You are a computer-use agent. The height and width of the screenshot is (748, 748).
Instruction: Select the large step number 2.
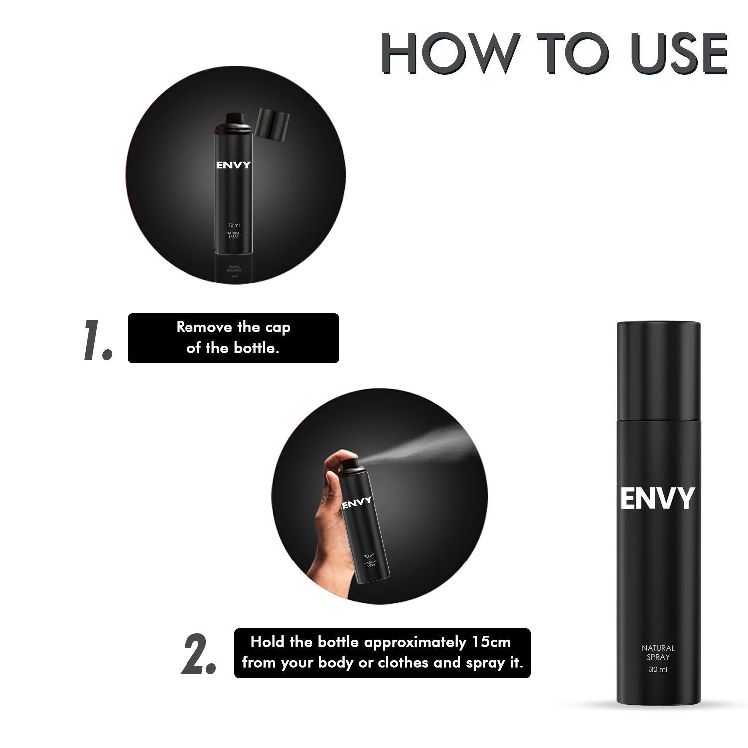click(x=198, y=655)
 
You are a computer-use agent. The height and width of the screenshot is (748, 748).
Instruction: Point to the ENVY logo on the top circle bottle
click(x=233, y=165)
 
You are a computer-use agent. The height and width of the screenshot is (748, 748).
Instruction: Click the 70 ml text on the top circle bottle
click(x=234, y=226)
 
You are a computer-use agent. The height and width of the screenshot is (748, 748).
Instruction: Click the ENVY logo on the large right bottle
click(x=657, y=498)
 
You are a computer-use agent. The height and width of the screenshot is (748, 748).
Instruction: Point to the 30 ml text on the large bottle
click(x=658, y=670)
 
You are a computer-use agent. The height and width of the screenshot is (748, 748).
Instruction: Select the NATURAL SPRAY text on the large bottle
click(x=658, y=653)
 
